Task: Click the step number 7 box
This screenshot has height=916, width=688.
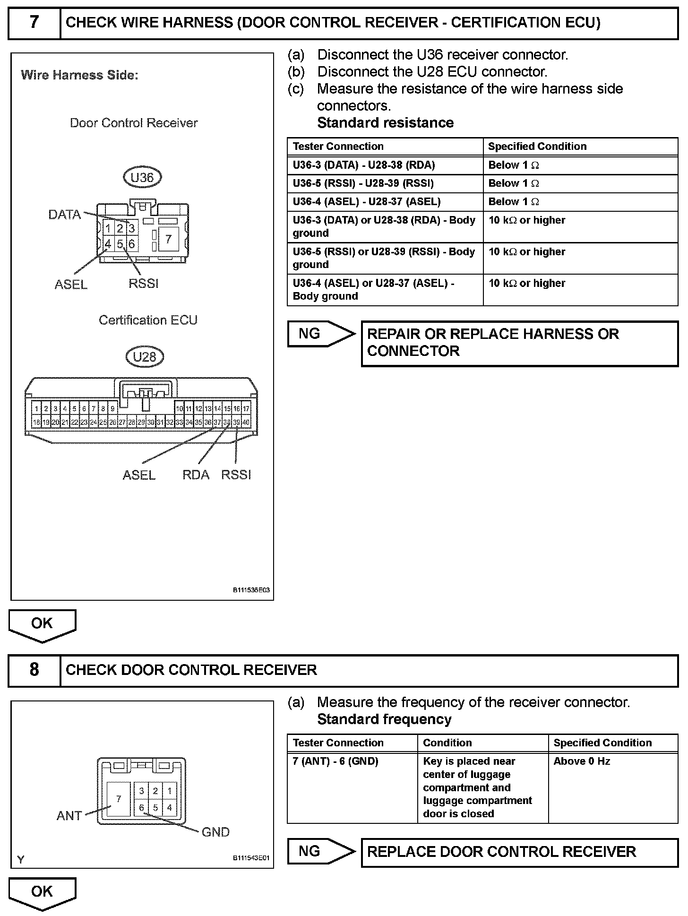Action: tap(34, 23)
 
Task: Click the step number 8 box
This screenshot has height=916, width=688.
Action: tap(34, 670)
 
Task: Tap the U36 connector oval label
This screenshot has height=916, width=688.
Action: tap(142, 177)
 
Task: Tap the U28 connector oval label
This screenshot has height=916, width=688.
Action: tap(145, 356)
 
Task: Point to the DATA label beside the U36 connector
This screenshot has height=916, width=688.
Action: tap(65, 215)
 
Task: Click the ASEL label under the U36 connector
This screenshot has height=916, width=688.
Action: tap(71, 284)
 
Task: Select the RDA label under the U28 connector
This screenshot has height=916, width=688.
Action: tap(196, 475)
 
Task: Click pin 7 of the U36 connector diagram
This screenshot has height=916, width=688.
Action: tap(168, 239)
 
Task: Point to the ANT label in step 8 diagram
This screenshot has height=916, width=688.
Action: tap(69, 815)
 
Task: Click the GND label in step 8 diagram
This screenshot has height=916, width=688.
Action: tap(215, 832)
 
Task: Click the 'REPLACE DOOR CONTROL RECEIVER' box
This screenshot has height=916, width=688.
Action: tap(519, 852)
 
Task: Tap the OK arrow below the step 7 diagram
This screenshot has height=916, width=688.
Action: tap(42, 625)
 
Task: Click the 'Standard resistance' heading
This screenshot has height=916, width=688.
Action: tap(385, 123)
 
